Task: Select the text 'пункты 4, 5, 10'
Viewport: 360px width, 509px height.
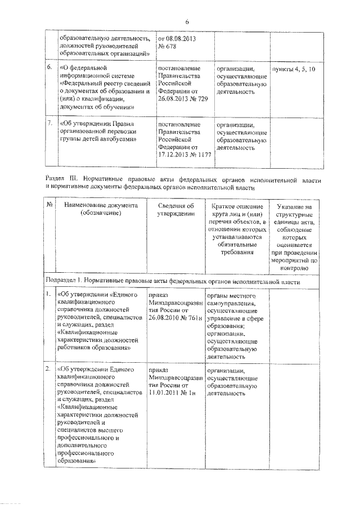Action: (x=294, y=68)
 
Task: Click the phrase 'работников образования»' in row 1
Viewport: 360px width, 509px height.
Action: (x=93, y=348)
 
